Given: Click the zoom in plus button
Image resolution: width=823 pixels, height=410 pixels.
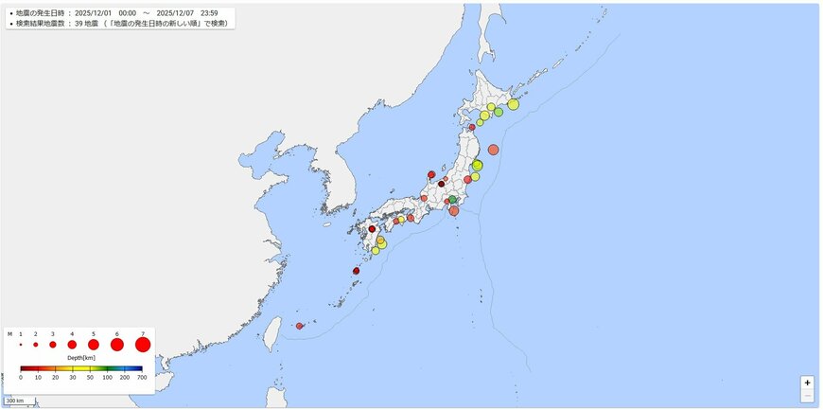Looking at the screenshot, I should (x=807, y=383).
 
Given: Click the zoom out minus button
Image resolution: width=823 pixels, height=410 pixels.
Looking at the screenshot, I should (x=807, y=396).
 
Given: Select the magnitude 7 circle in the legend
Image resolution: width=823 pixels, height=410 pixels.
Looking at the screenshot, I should (x=143, y=345).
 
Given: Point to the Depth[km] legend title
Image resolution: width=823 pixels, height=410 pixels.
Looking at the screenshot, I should (x=80, y=358).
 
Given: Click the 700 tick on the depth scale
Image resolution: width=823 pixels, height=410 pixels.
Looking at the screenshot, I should (x=142, y=377).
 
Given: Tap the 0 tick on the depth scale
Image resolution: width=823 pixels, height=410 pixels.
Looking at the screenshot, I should (x=21, y=377).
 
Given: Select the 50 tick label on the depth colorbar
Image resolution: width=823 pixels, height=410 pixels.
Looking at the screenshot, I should (x=90, y=377).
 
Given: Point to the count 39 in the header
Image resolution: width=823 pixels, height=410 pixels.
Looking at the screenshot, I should (x=78, y=22).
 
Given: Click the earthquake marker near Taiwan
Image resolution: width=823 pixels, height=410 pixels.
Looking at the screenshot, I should (x=300, y=326).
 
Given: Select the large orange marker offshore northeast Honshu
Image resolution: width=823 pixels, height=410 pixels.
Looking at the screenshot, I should (x=493, y=150).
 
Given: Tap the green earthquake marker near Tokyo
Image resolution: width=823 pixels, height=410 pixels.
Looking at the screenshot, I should (x=452, y=199).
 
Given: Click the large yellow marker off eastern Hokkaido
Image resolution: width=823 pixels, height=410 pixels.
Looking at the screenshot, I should (x=513, y=104).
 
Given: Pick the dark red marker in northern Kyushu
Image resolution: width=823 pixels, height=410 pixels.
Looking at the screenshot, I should (x=372, y=229).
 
